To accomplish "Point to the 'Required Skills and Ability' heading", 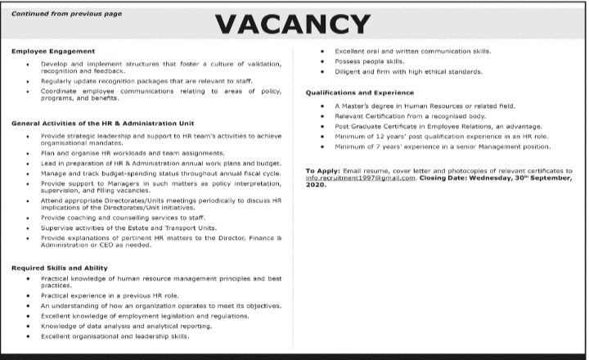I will coord(59,268).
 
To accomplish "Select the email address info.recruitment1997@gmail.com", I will coord(356,178).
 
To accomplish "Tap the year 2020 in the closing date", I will coord(316,186).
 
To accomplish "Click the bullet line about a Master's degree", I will coord(424,106).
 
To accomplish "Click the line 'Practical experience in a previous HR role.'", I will coord(109,295).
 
